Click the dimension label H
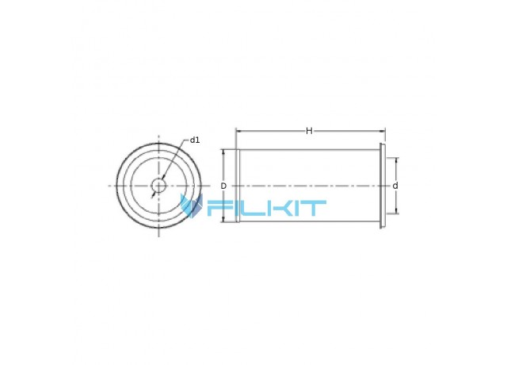tap(309, 131)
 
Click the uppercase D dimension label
tap(223, 186)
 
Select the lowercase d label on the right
tap(395, 186)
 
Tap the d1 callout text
tap(195, 140)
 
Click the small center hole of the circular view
tap(158, 186)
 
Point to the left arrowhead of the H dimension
tap(238, 131)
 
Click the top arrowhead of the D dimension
tap(223, 152)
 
